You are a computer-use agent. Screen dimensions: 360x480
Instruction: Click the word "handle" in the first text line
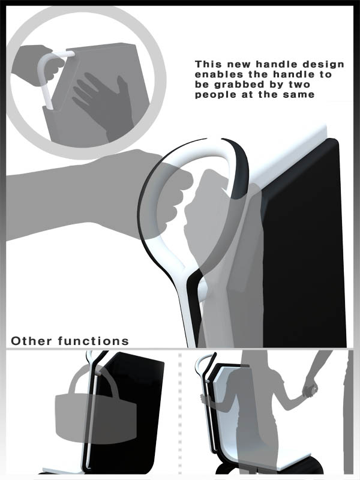276,64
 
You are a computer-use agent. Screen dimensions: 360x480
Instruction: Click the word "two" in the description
299,85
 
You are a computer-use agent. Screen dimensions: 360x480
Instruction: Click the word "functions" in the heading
94,341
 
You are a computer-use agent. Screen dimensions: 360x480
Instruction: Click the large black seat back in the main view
303,245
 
